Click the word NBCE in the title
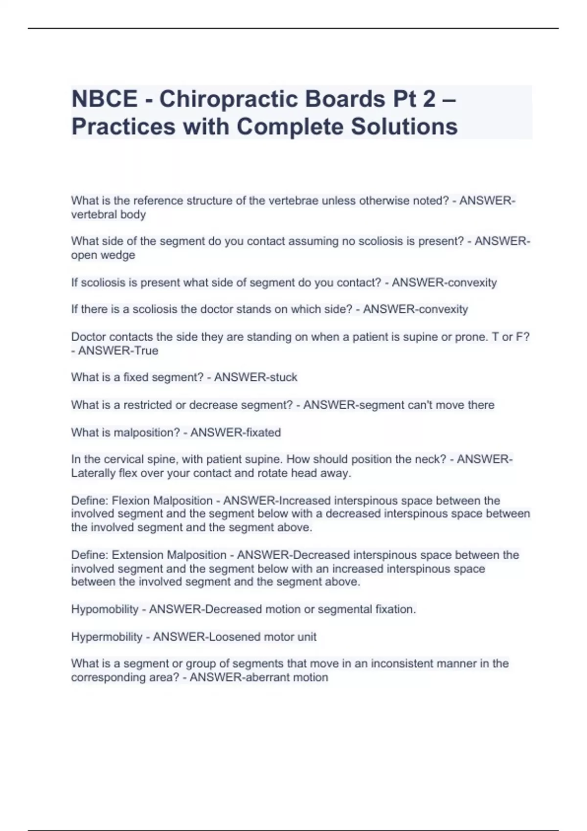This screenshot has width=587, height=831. click(x=104, y=99)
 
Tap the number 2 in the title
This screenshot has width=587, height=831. click(x=429, y=99)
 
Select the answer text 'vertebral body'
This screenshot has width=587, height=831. click(x=108, y=215)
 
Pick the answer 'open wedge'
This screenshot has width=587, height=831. click(x=103, y=255)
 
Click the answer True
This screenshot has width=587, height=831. click(x=145, y=351)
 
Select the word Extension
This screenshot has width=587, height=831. click(x=137, y=555)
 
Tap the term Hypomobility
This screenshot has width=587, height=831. click(x=105, y=610)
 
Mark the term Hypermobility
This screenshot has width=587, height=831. click(x=107, y=637)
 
